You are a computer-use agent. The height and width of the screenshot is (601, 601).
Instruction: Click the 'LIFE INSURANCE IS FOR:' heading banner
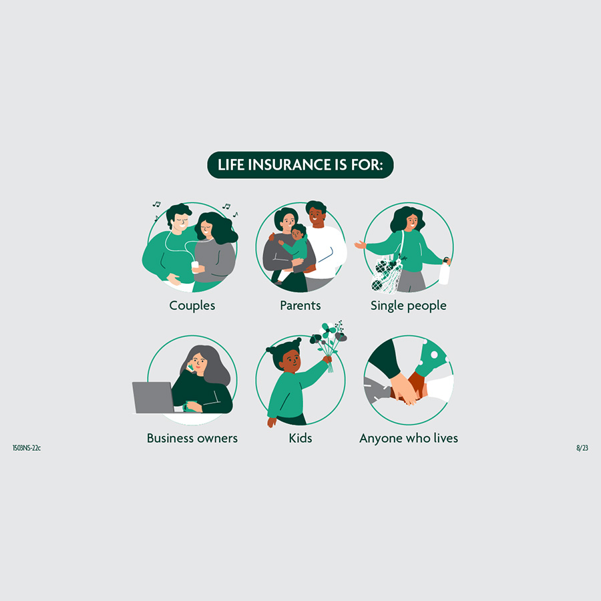click(x=300, y=165)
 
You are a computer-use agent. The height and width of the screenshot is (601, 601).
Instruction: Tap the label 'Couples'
click(x=192, y=305)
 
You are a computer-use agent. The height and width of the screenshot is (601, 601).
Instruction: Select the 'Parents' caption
click(x=300, y=305)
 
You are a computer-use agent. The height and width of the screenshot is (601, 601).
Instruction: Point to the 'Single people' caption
click(x=408, y=305)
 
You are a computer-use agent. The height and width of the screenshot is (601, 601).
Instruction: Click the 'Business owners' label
click(x=192, y=437)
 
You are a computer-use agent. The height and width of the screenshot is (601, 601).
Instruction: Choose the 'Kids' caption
click(x=300, y=437)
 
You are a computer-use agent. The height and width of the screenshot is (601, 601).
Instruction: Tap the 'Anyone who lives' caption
click(x=409, y=438)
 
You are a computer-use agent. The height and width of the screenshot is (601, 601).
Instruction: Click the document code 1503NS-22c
click(x=27, y=447)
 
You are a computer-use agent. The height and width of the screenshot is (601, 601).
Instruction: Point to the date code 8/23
click(x=582, y=447)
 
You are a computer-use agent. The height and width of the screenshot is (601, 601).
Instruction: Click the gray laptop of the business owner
click(x=153, y=397)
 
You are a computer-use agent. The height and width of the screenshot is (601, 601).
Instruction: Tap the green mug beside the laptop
click(x=190, y=406)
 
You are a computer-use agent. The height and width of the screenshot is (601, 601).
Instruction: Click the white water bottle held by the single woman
click(x=444, y=272)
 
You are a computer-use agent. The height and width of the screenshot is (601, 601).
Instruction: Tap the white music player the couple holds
click(x=195, y=265)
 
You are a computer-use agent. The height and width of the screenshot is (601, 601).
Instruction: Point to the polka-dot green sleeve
click(x=431, y=358)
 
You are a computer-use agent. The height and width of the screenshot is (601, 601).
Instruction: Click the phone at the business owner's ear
click(x=190, y=367)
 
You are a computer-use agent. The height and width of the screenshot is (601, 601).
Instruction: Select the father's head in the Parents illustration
click(x=317, y=213)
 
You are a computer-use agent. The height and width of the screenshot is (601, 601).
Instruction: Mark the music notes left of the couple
click(x=156, y=210)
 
